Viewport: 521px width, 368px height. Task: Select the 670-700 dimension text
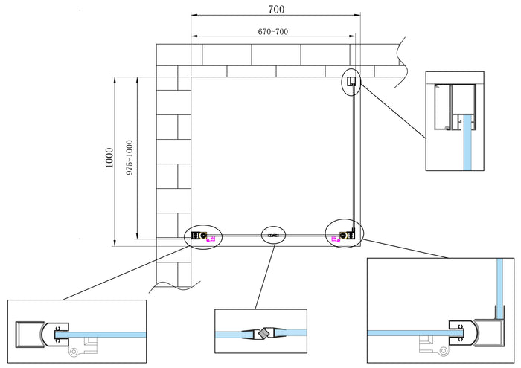tap(273, 32)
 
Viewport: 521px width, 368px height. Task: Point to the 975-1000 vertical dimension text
tap(130, 158)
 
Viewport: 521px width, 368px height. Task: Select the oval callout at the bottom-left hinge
tap(202, 236)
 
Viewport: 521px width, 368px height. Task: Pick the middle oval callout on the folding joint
tap(274, 236)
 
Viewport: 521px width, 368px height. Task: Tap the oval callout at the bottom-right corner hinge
tap(344, 234)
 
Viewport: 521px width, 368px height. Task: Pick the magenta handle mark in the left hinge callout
tap(212, 239)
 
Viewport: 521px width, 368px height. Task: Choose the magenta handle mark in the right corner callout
tap(334, 238)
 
